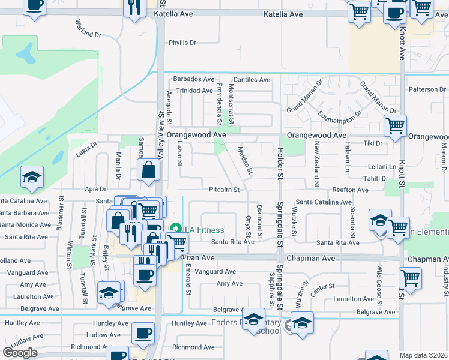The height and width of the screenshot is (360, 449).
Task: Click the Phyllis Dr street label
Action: pyautogui.click(x=182, y=43)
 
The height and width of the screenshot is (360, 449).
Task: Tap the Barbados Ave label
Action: pyautogui.click(x=194, y=79)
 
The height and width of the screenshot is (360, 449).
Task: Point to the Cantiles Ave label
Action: pyautogui.click(x=252, y=79)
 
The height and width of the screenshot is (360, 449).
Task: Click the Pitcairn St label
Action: pyautogui.click(x=224, y=190)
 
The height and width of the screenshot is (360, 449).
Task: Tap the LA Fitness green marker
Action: pyautogui.click(x=176, y=229)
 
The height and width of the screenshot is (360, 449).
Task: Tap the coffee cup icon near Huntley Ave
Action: pyautogui.click(x=143, y=333)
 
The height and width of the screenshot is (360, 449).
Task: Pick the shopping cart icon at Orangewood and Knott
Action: pyautogui.click(x=395, y=126)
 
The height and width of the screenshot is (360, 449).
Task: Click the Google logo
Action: pyautogui.click(x=20, y=353)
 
